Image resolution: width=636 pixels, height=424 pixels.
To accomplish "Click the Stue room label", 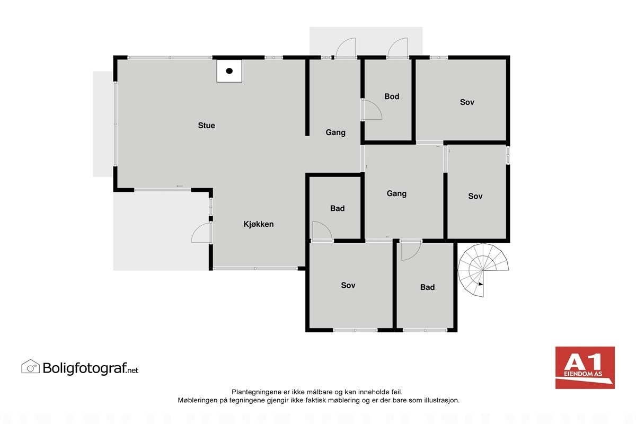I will [206, 126].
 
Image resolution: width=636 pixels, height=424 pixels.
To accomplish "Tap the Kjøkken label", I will [258, 224].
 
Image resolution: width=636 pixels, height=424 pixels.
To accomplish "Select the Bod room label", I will [392, 96].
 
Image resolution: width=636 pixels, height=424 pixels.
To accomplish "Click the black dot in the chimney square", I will [229, 71].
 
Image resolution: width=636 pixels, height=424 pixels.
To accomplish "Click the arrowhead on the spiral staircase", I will [480, 285].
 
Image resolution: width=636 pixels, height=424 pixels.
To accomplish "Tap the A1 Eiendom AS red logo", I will [585, 367].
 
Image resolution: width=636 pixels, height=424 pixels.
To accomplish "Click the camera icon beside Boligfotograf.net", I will [30, 366].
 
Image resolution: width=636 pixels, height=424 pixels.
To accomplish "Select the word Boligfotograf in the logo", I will [84, 367].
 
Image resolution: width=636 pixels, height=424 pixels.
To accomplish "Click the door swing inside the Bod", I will [372, 110].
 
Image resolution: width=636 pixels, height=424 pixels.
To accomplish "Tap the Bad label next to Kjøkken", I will [337, 208].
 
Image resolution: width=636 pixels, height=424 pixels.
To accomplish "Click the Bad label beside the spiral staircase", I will [427, 287].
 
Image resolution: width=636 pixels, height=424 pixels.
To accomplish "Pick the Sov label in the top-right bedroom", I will [467, 102].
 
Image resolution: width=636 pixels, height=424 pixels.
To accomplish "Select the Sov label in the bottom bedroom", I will [348, 285].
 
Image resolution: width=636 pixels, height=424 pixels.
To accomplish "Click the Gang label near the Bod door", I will [335, 132].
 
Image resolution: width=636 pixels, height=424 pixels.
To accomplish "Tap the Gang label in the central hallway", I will [396, 193].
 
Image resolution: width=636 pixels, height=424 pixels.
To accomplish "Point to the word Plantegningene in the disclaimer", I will [253, 392].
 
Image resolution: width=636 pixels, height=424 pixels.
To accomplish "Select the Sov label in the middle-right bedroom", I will [475, 196].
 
